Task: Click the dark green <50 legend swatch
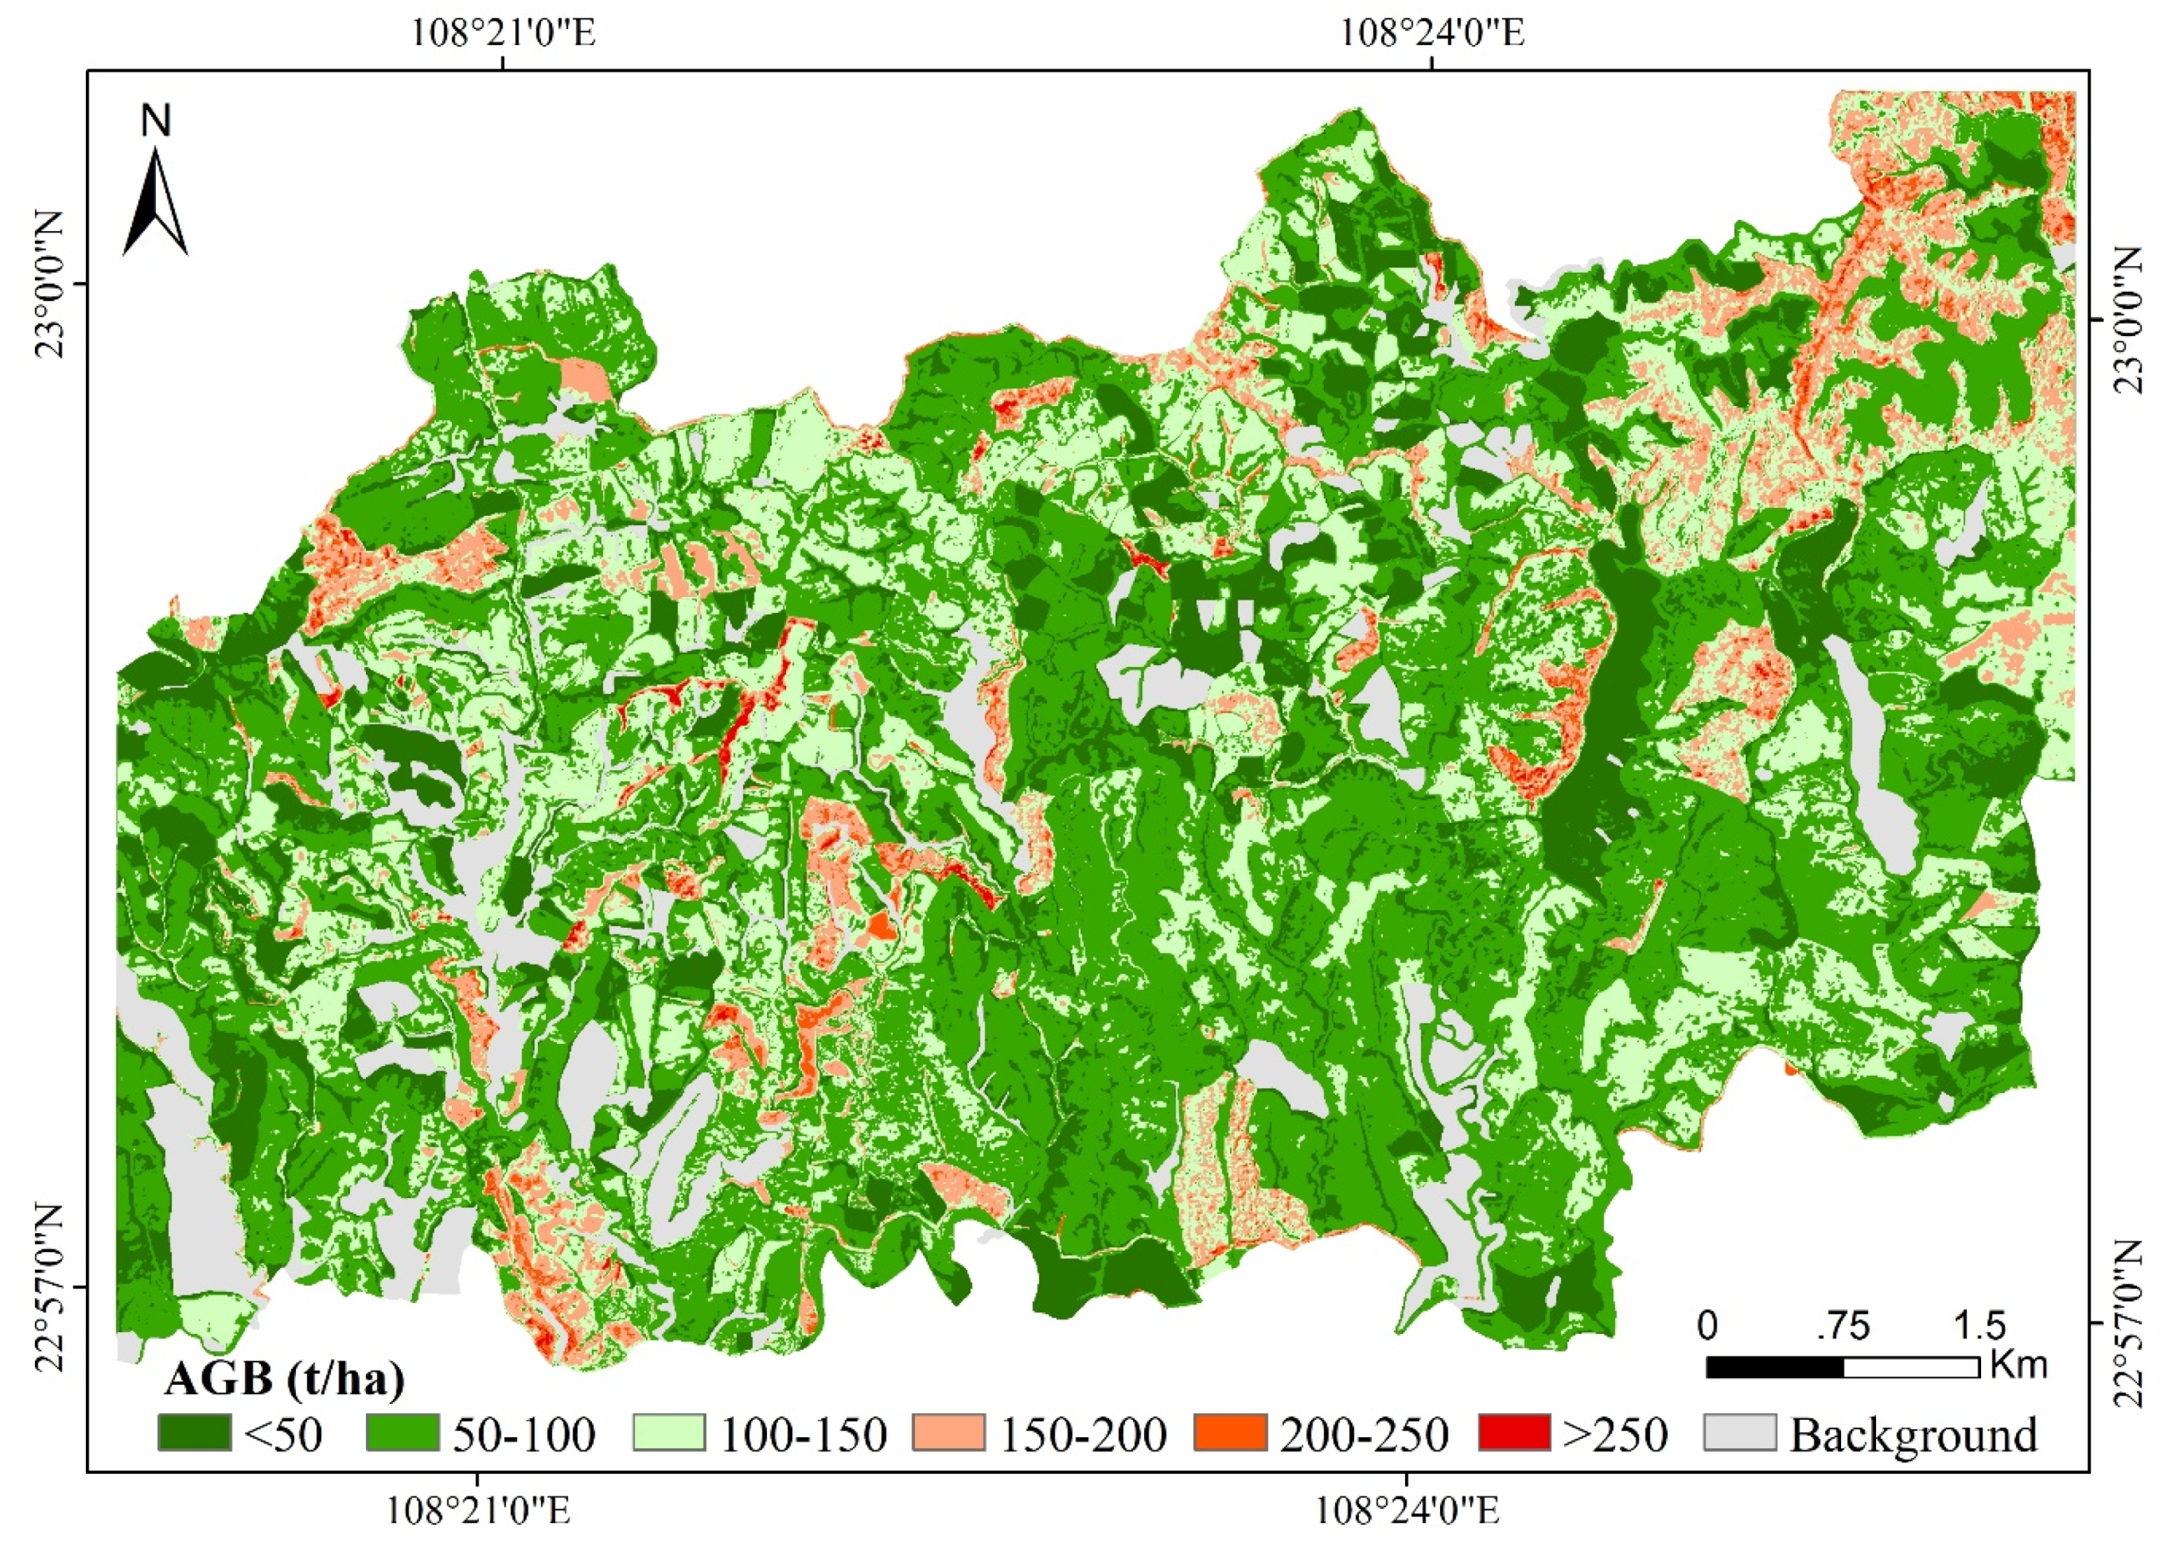(x=194, y=1433)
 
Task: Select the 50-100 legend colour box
(x=402, y=1433)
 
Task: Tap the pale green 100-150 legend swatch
(x=670, y=1433)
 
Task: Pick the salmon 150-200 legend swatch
(x=949, y=1433)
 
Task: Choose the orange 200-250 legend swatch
(x=1230, y=1433)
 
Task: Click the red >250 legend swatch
(x=1514, y=1433)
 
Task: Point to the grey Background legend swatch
(x=1739, y=1433)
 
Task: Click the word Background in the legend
(x=1914, y=1434)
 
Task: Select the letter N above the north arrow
(x=156, y=121)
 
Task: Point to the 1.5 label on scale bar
(x=1979, y=1326)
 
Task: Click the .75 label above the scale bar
(x=1842, y=1326)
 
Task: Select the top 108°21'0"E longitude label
(x=503, y=33)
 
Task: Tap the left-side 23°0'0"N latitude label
(x=50, y=284)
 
